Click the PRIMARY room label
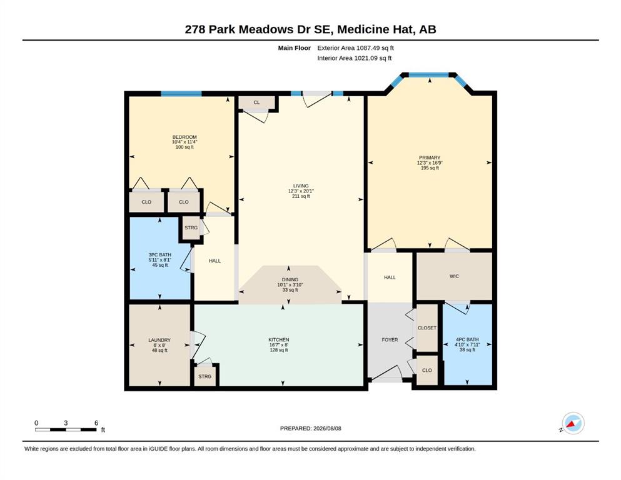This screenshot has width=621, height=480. click(429, 157)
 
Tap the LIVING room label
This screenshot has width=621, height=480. click(301, 186)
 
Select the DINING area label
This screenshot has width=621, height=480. click(290, 279)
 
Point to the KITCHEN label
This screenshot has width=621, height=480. click(279, 339)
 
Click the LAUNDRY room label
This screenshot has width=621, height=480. click(159, 340)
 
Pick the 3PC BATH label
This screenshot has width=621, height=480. click(160, 255)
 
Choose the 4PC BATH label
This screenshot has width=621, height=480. click(467, 339)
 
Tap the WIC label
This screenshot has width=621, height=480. click(454, 276)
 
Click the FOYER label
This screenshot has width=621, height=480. click(390, 339)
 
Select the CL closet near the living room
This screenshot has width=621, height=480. click(256, 102)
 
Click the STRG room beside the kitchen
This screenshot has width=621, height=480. click(204, 376)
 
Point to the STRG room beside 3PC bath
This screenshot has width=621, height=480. click(191, 227)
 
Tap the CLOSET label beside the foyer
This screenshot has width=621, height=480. click(427, 327)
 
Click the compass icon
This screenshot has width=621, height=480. click(573, 423)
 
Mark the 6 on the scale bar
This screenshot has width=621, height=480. click(96, 422)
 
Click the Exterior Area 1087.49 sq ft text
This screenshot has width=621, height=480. click(355, 48)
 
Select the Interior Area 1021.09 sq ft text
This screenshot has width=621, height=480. click(355, 58)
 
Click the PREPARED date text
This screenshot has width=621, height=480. click(310, 428)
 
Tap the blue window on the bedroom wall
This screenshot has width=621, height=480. click(181, 94)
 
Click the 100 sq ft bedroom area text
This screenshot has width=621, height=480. click(184, 147)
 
